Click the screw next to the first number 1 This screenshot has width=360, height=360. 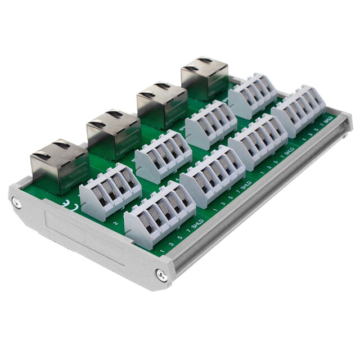(x=161, y=275)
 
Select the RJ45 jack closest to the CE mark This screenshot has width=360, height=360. (x=60, y=164)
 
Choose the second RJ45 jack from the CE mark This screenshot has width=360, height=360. (x=113, y=134)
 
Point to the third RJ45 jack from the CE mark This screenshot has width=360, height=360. (x=161, y=104)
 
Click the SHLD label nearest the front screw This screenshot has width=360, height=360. (x=197, y=224)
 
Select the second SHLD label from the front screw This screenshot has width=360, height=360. (x=246, y=185)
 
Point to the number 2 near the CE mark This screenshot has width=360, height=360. (x=115, y=223)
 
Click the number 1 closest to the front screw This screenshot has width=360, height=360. (x=162, y=250)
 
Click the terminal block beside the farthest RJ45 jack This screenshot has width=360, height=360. (x=252, y=94)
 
